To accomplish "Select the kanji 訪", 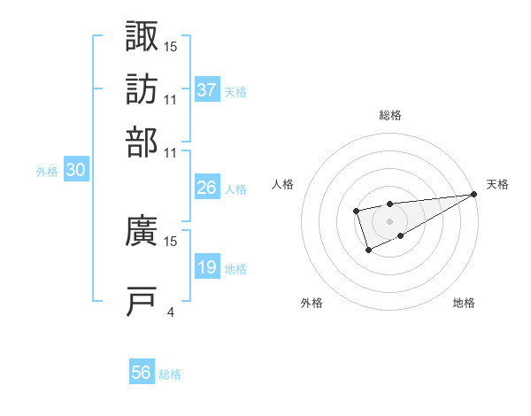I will (142, 89).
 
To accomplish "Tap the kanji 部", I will (142, 142).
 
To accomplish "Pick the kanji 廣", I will (142, 232).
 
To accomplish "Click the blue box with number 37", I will (207, 90).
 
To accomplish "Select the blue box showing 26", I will (207, 188).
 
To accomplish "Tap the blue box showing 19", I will (207, 267).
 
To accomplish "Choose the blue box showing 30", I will (76, 172).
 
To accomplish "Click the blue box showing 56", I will (142, 373).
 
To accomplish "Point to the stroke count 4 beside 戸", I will (170, 312).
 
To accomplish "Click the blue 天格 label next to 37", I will (235, 91).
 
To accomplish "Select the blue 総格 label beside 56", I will (171, 374).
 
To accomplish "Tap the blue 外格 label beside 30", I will (47, 173).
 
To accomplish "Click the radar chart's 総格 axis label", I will (390, 115).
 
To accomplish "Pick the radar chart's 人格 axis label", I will (282, 184).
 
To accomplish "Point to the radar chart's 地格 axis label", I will (464, 303).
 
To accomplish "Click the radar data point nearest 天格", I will (474, 194).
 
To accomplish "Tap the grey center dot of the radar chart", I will (389, 220).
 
